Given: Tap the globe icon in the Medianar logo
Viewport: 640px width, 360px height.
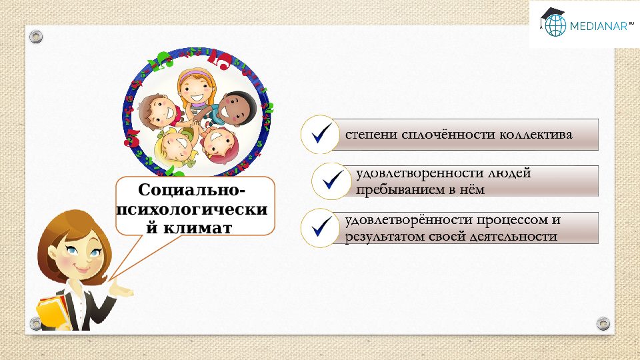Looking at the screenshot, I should coord(554,26).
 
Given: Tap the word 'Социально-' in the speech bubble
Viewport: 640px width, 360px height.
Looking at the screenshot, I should coord(195,191).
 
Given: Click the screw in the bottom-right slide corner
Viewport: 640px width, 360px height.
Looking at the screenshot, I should coord(603,323).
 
